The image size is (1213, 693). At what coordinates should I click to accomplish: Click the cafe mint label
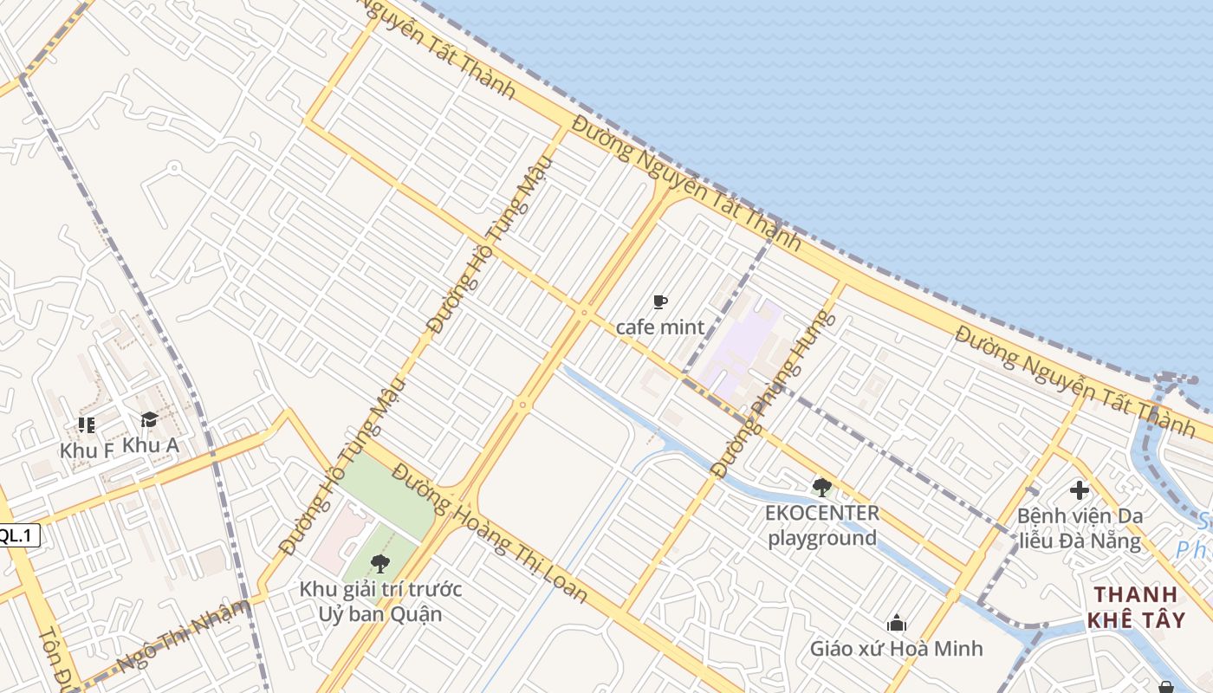[659, 327]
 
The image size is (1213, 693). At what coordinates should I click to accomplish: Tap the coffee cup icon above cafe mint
[660, 302]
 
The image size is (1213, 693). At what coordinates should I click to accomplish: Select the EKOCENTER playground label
[821, 525]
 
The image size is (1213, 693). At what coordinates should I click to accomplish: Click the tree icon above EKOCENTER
[822, 487]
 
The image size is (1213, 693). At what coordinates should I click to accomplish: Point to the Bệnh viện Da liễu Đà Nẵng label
[1079, 528]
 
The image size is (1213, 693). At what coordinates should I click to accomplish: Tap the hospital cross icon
[1080, 490]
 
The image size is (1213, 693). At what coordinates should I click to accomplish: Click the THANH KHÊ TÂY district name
[1135, 607]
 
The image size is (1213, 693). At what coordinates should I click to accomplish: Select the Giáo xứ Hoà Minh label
[896, 648]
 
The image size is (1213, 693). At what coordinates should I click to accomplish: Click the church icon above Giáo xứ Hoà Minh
[897, 623]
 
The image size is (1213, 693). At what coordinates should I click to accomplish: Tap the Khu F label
[87, 450]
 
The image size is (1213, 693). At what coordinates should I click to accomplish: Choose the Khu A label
[151, 445]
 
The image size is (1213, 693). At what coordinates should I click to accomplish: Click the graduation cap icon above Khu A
[149, 420]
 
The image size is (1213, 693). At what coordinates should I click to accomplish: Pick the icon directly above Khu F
[86, 424]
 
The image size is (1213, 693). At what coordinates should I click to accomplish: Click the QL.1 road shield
[18, 535]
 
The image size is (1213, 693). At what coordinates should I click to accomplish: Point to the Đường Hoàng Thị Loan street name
[490, 534]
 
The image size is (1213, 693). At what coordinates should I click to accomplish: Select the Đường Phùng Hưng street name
[774, 394]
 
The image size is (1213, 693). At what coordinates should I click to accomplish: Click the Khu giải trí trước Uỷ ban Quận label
[380, 602]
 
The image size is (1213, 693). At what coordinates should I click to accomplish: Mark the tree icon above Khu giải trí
[379, 564]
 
